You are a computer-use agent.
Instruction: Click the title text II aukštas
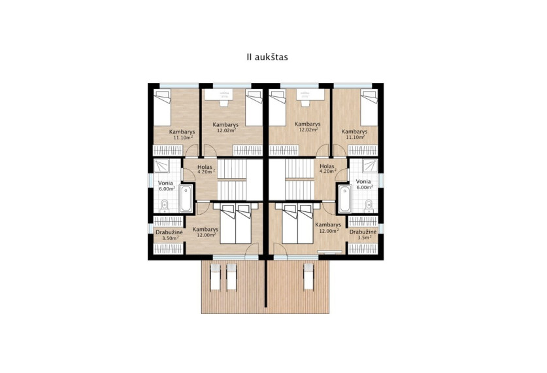pos(267,57)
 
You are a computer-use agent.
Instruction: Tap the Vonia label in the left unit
pos(165,183)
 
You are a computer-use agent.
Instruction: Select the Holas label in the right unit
pos(327,166)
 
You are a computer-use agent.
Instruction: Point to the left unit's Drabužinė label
pos(169,232)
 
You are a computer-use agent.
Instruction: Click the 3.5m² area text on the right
pos(364,238)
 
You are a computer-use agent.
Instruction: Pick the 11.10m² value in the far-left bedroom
pos(184,137)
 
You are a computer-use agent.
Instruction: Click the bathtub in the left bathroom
pos(186,198)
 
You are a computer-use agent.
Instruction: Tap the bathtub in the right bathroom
pos(345,198)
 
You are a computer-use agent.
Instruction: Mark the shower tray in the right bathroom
pos(369,166)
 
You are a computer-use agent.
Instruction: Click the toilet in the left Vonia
pos(164,206)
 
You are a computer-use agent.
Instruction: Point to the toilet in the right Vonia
pos(369,206)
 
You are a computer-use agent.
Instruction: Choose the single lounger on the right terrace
pos(308,277)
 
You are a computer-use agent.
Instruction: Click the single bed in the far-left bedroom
pos(162,108)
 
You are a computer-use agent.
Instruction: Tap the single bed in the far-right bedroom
pos(369,108)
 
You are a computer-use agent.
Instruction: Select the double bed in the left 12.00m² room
pos(235,224)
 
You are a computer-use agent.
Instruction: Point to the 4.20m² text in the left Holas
pos(205,172)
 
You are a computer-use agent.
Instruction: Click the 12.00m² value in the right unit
pos(329,231)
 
